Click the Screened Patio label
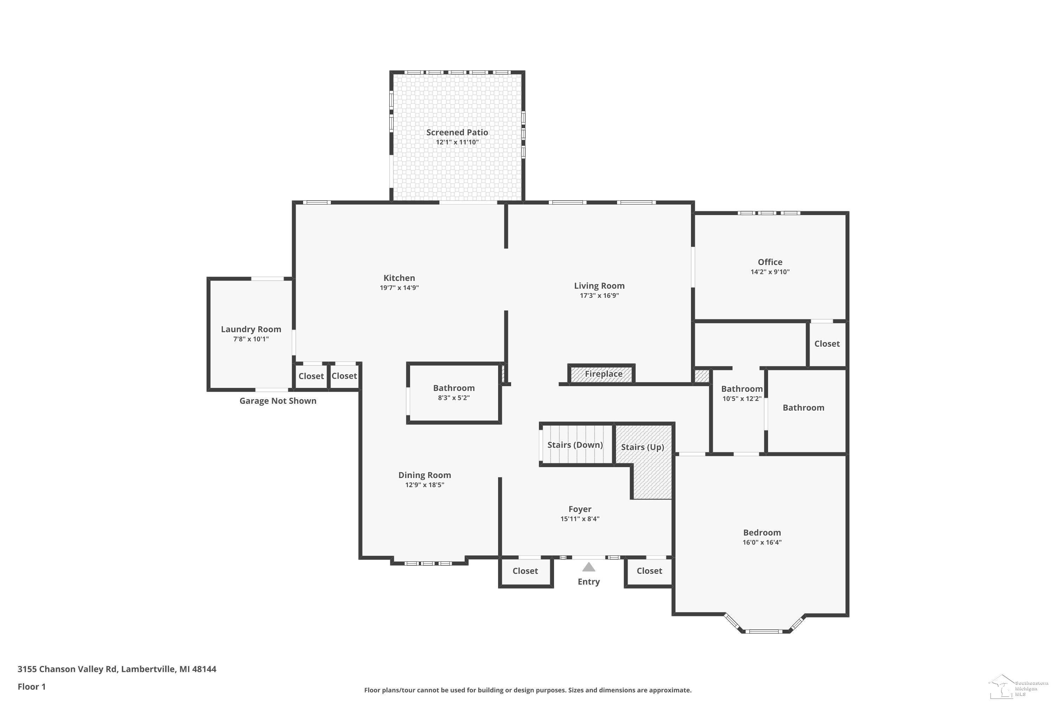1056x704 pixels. pyautogui.click(x=457, y=132)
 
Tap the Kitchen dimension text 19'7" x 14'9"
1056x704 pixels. pyautogui.click(x=399, y=288)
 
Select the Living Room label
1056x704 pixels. pyautogui.click(x=599, y=286)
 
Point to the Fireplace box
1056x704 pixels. pyautogui.click(x=602, y=373)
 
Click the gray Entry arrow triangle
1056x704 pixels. pyautogui.click(x=589, y=567)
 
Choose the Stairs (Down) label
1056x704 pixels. pyautogui.click(x=575, y=445)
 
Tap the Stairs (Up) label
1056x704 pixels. pyautogui.click(x=642, y=447)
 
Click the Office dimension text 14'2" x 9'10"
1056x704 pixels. pyautogui.click(x=770, y=272)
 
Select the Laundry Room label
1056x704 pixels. pyautogui.click(x=251, y=329)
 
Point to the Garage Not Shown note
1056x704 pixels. pyautogui.click(x=278, y=401)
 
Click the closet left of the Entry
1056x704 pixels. pyautogui.click(x=525, y=572)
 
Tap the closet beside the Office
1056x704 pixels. pyautogui.click(x=827, y=344)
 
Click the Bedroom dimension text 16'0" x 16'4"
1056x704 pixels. pyautogui.click(x=762, y=542)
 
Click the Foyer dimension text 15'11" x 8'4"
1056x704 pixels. pyautogui.click(x=580, y=519)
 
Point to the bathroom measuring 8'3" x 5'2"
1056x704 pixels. pyautogui.click(x=454, y=393)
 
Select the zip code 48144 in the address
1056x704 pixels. pyautogui.click(x=204, y=669)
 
